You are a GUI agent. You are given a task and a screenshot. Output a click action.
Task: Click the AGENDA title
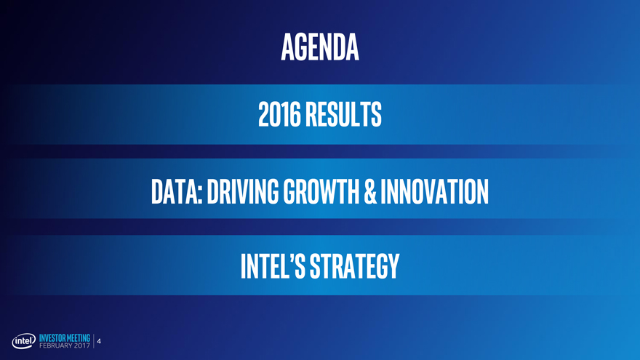click(x=320, y=47)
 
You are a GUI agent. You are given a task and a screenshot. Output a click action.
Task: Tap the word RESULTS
click(x=344, y=114)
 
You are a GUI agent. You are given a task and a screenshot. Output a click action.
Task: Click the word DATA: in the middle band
click(x=177, y=191)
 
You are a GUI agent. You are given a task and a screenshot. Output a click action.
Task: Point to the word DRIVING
click(x=243, y=191)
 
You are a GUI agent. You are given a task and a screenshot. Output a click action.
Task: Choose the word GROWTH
click(x=321, y=191)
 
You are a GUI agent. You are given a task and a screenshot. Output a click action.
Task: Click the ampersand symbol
click(x=369, y=191)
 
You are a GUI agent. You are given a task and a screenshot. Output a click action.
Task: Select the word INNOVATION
click(x=434, y=191)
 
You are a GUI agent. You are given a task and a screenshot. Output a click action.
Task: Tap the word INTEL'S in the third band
click(x=273, y=265)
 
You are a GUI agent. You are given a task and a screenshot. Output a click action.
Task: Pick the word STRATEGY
click(x=355, y=265)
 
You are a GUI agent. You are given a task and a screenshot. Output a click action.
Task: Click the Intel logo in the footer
click(x=24, y=341)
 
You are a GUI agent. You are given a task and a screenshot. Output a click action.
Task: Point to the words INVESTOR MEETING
click(x=65, y=338)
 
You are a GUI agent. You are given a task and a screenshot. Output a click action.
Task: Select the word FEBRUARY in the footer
click(x=56, y=345)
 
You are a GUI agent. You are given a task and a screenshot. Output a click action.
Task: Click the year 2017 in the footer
click(x=82, y=345)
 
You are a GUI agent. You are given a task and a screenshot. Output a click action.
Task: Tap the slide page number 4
click(x=99, y=341)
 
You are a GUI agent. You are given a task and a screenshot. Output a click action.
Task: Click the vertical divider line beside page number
click(x=94, y=341)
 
